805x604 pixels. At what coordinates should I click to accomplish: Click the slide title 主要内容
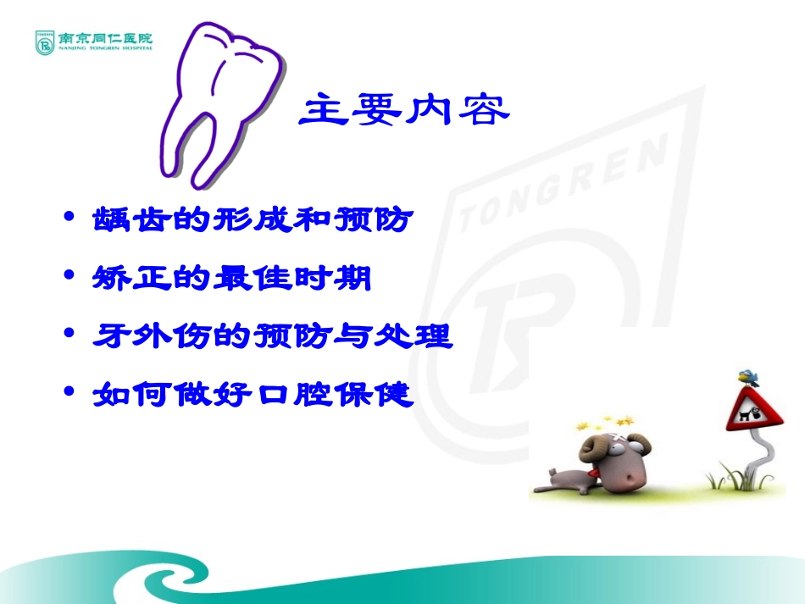[406, 110]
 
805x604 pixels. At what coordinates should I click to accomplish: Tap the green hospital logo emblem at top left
[44, 42]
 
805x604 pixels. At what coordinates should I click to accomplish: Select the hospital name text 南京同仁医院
[106, 38]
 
